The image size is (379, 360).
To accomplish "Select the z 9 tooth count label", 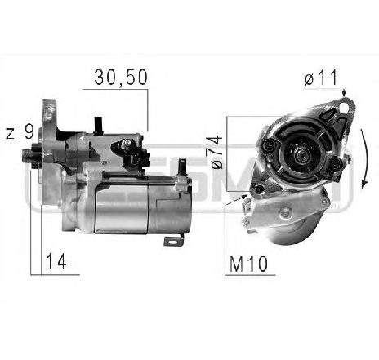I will point(18,133).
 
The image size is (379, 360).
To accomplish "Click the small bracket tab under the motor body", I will point(174,241).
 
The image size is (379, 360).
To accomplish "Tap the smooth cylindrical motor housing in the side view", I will point(131,208).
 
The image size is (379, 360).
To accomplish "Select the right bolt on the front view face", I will point(336,170).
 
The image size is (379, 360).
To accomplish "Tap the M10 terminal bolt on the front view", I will point(260,191).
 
